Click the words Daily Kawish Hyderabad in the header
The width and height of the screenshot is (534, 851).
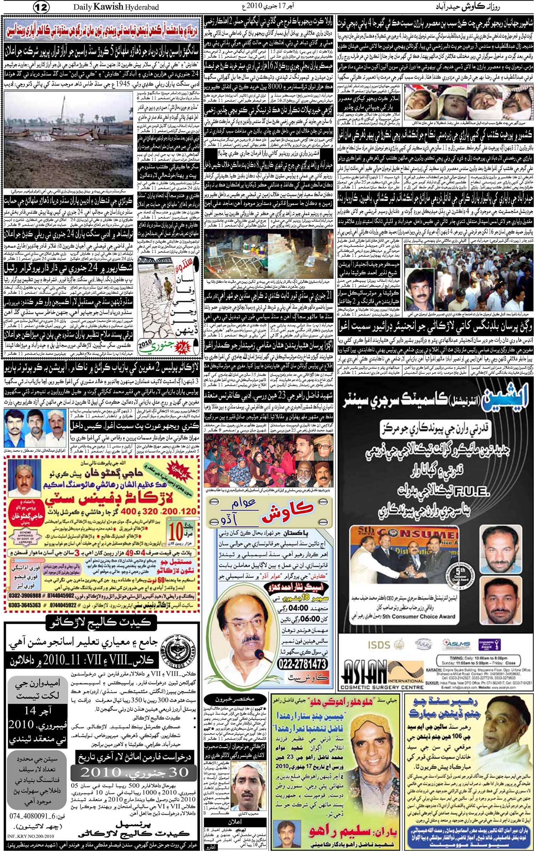[116, 7]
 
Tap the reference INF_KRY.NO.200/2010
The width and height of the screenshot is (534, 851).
[30, 834]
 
